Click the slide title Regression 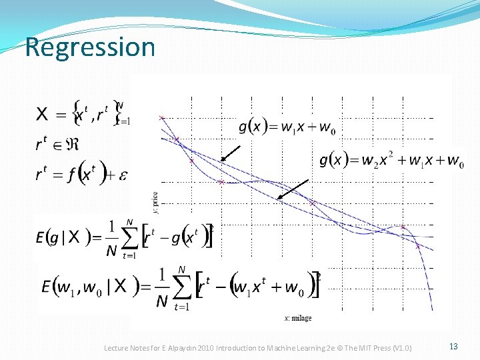click(90, 47)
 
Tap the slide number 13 click(453, 346)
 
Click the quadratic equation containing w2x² click(392, 161)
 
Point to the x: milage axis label click(298, 318)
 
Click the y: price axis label click(156, 201)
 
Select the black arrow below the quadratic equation click(293, 189)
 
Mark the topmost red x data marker click(161, 118)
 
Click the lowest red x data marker click(418, 246)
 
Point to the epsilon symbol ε click(123, 175)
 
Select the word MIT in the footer click(363, 348)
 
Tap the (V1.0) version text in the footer click(403, 348)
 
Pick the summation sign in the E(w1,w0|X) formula click(180, 285)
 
